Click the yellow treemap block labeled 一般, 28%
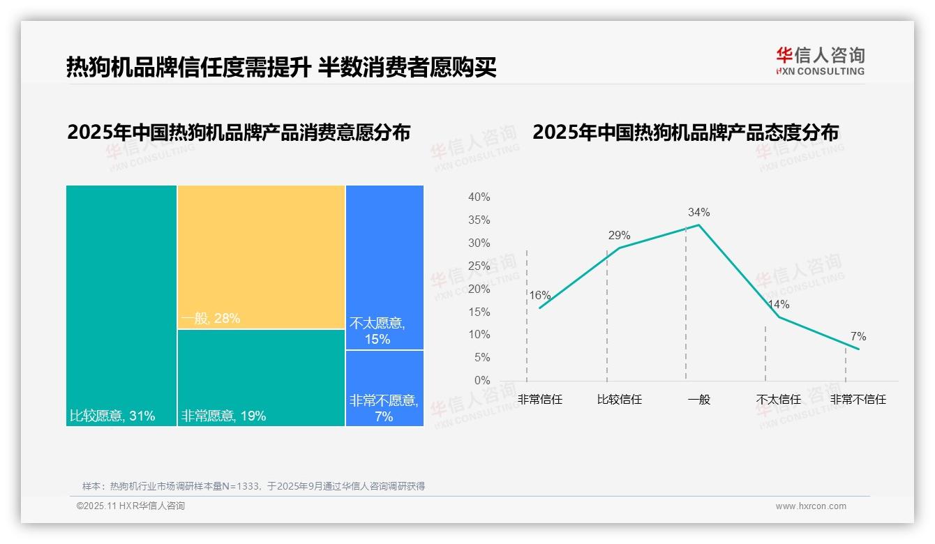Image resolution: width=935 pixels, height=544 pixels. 261,257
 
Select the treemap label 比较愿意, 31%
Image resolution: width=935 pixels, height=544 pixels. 112,416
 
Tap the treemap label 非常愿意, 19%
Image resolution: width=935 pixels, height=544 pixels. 223,416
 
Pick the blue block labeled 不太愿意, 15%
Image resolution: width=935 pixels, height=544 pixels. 384,267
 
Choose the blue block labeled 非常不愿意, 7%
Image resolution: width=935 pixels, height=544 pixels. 384,388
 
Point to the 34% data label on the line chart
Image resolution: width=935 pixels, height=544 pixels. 698,212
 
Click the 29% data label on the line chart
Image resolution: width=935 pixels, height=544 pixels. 619,235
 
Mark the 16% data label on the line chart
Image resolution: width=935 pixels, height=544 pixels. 539,295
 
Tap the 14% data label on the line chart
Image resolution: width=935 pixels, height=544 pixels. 778,304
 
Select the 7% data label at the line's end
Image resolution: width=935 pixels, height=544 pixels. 858,337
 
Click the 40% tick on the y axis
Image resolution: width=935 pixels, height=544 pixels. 479,197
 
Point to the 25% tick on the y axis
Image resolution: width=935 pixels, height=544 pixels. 479,266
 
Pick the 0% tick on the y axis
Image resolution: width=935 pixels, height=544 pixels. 482,381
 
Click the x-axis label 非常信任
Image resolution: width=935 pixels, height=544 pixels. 539,400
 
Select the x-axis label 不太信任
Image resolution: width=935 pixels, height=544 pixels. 778,400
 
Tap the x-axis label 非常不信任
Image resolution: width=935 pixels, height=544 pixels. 858,400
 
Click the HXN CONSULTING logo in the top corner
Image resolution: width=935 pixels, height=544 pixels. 820,61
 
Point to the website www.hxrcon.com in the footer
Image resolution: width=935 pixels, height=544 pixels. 811,506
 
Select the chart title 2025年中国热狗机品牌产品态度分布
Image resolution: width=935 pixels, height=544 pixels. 685,133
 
